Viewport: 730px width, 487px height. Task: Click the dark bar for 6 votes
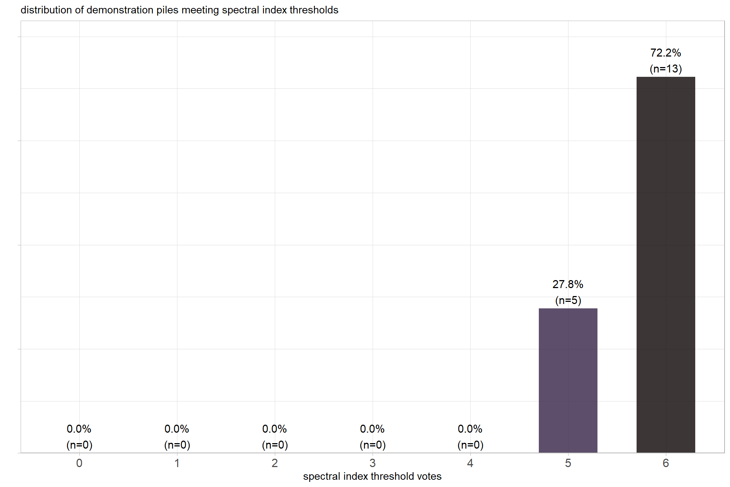[x=666, y=265]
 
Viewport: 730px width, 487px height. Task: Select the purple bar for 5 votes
[x=568, y=380]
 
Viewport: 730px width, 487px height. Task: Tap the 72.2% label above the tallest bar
[x=666, y=53]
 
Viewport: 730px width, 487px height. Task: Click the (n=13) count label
[x=666, y=69]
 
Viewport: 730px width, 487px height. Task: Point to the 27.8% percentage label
[x=568, y=284]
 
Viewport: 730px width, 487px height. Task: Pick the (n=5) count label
[x=568, y=300]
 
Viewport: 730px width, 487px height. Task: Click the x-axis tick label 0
[x=79, y=463]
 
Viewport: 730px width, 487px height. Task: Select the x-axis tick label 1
[x=177, y=463]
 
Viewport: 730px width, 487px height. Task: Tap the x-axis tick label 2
[x=275, y=463]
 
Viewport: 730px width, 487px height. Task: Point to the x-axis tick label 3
[x=373, y=463]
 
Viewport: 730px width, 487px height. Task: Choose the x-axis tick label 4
[x=470, y=463]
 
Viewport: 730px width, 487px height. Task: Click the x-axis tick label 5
[x=568, y=463]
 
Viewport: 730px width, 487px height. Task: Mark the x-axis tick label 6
[x=666, y=463]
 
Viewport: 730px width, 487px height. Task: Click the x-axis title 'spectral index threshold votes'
[x=372, y=476]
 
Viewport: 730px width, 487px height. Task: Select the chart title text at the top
[x=179, y=10]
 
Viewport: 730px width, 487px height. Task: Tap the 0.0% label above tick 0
[x=79, y=429]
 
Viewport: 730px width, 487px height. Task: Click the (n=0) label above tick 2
[x=275, y=445]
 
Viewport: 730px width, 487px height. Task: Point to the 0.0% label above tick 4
[x=470, y=429]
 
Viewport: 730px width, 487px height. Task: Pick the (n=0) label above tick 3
[x=373, y=445]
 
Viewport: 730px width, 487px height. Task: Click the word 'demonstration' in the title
[x=119, y=10]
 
